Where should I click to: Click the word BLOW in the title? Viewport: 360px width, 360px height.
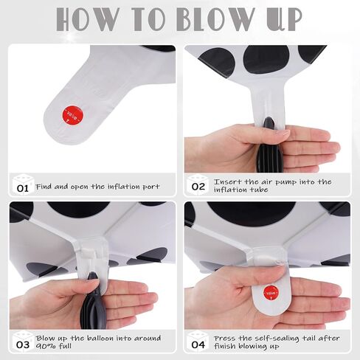pos(214,19)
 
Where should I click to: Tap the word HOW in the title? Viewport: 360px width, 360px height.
pos(88,19)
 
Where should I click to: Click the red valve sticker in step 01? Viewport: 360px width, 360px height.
pos(73,115)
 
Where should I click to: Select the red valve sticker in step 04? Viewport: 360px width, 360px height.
pos(271,293)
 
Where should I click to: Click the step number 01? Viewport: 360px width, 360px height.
pos(23,189)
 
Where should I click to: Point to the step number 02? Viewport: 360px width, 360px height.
pos(198,187)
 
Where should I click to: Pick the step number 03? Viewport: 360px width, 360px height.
pos(23,345)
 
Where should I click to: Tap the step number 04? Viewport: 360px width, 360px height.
pos(198,345)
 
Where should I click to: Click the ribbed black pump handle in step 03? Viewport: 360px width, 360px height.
pos(93,311)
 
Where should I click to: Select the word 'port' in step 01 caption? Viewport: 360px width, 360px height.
pos(151,187)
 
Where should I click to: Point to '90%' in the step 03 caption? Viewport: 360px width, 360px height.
pos(44,346)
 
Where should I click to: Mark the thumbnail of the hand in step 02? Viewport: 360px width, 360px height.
pos(283,133)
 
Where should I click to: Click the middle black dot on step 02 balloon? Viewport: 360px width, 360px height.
pos(266,59)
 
